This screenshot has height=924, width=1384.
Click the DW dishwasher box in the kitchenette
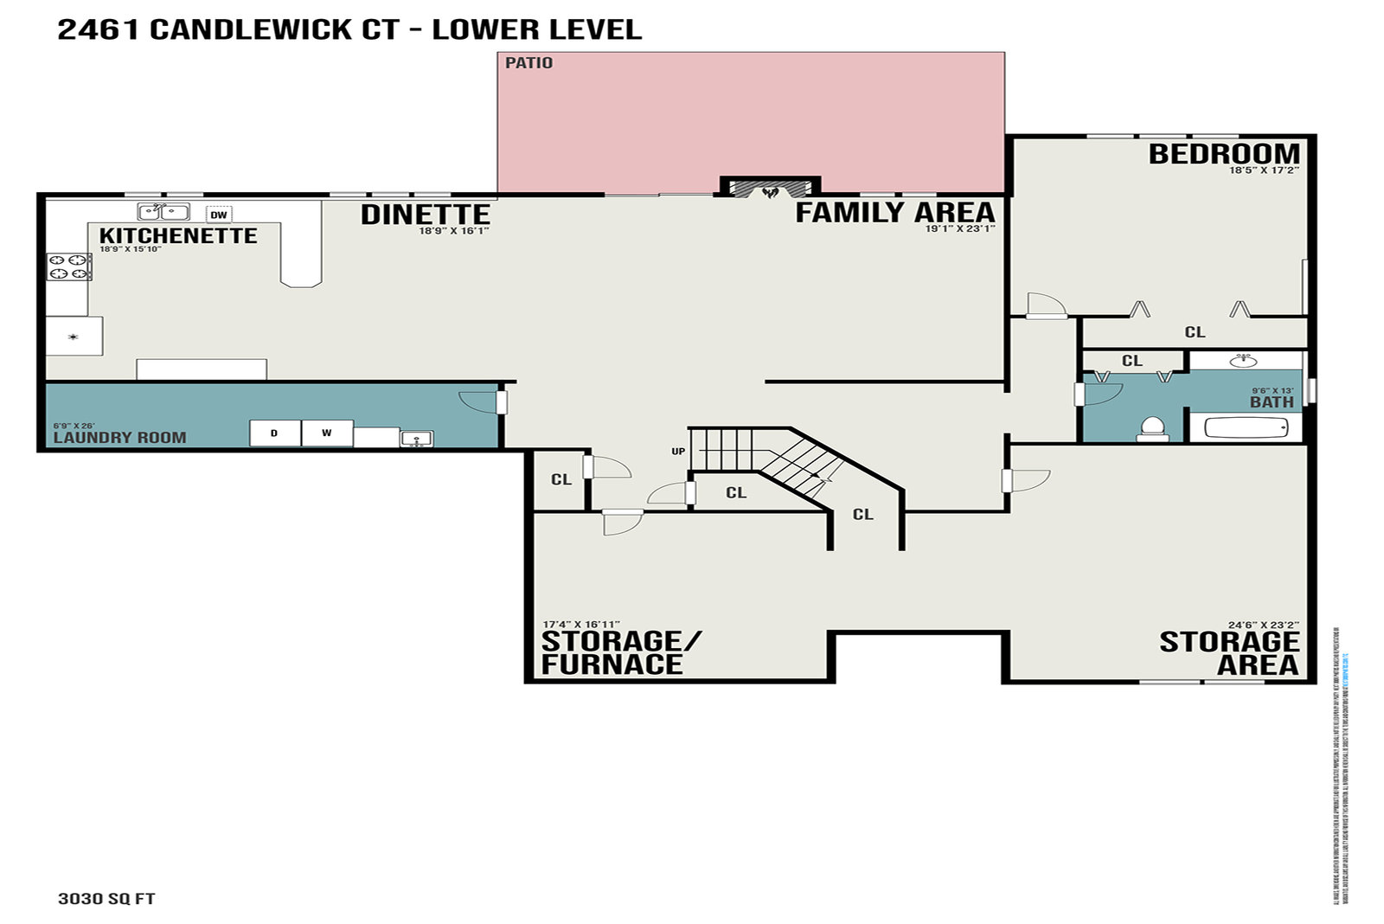tap(219, 215)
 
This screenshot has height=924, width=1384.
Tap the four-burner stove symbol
tap(69, 266)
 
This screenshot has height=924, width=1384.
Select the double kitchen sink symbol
tap(163, 212)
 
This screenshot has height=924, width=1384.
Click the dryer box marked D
tap(275, 433)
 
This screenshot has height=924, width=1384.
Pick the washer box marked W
tap(327, 433)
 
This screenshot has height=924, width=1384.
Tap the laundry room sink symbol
tap(416, 439)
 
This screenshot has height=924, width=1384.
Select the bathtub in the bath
tap(1246, 427)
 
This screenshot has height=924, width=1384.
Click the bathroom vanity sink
tap(1244, 359)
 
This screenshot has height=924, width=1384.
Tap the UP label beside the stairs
tap(678, 452)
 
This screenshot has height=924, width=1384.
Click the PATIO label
tap(529, 63)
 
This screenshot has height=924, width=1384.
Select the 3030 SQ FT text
tap(106, 898)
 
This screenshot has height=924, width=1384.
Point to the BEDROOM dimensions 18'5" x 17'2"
tap(1264, 170)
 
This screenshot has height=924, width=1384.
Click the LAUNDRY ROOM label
tap(119, 438)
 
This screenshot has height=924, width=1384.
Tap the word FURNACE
tap(612, 664)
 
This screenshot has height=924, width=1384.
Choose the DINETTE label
tap(425, 214)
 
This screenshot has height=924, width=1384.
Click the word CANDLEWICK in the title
tap(274, 29)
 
